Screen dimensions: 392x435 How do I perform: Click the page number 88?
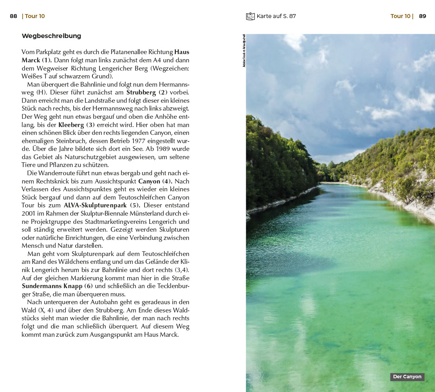coord(13,16)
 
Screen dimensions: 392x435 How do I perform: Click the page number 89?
coord(422,16)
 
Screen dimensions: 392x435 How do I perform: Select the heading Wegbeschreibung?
coord(51,36)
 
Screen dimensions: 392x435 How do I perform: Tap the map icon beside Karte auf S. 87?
coord(250,16)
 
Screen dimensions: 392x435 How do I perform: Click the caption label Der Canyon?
coord(407,377)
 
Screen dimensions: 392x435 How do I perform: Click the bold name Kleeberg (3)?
coord(76,125)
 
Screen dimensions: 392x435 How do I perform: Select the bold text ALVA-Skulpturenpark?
coord(95,205)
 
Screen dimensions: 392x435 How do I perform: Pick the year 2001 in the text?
coord(29,214)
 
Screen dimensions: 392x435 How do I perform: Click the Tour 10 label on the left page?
coord(35,16)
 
